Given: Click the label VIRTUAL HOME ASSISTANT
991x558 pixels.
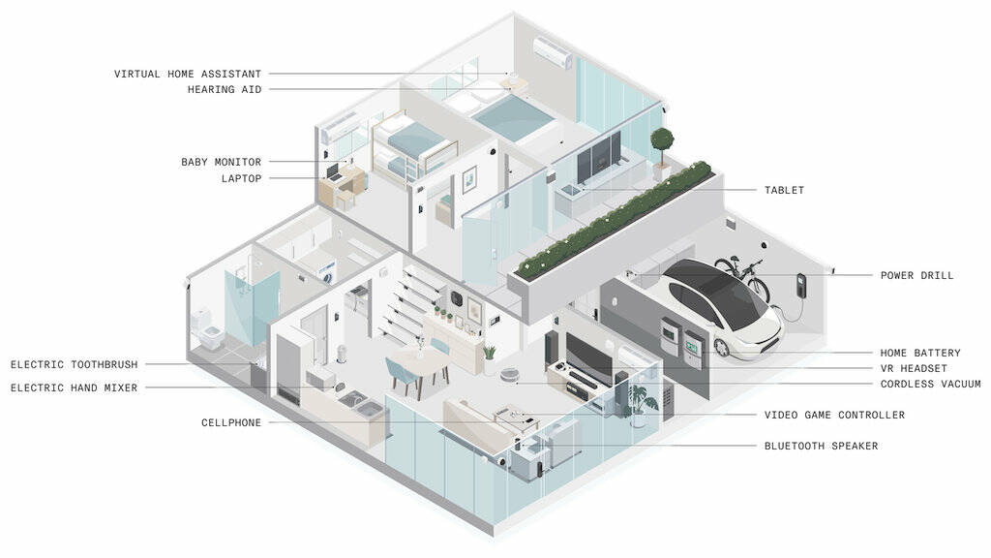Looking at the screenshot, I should click(x=188, y=74).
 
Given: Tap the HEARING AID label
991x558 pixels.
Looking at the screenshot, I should click(x=225, y=90).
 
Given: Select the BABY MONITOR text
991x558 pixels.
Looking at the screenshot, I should click(x=221, y=162).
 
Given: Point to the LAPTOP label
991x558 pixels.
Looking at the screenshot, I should click(x=241, y=178).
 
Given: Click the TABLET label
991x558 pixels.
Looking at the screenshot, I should click(x=784, y=191).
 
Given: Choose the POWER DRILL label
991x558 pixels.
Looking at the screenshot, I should click(x=916, y=276).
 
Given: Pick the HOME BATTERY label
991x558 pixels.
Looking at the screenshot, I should click(x=920, y=354).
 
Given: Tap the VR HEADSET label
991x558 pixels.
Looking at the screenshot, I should click(x=914, y=369).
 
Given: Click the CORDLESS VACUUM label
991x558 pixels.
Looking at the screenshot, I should click(x=930, y=385).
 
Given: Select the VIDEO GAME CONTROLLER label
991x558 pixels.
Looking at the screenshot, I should click(x=834, y=416).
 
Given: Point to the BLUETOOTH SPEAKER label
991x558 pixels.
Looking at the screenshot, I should click(x=821, y=447).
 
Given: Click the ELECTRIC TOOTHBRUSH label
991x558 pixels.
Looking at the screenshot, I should click(x=75, y=365).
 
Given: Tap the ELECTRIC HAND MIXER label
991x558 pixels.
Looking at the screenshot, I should click(x=75, y=388).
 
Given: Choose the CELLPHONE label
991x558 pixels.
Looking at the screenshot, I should click(x=231, y=423).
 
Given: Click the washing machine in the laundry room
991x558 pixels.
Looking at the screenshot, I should click(x=326, y=273).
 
